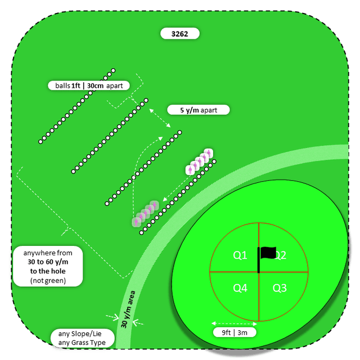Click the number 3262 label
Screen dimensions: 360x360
point(179,34)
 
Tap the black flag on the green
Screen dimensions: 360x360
point(268,253)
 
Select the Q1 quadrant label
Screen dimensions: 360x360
point(240,255)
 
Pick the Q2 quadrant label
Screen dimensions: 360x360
point(280,255)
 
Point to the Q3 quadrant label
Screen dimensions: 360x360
point(280,288)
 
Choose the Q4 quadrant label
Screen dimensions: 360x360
point(240,288)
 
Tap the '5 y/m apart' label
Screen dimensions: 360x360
point(199,110)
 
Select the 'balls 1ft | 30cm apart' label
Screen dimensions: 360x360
point(89,86)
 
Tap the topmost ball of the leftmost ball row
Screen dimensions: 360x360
point(113,71)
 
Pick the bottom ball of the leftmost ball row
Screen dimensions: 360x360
point(40,142)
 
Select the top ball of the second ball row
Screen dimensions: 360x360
point(146,101)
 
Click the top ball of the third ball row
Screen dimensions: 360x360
point(179,133)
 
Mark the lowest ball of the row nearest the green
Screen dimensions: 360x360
point(141,232)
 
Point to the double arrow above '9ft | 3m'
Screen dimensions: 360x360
point(235,323)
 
